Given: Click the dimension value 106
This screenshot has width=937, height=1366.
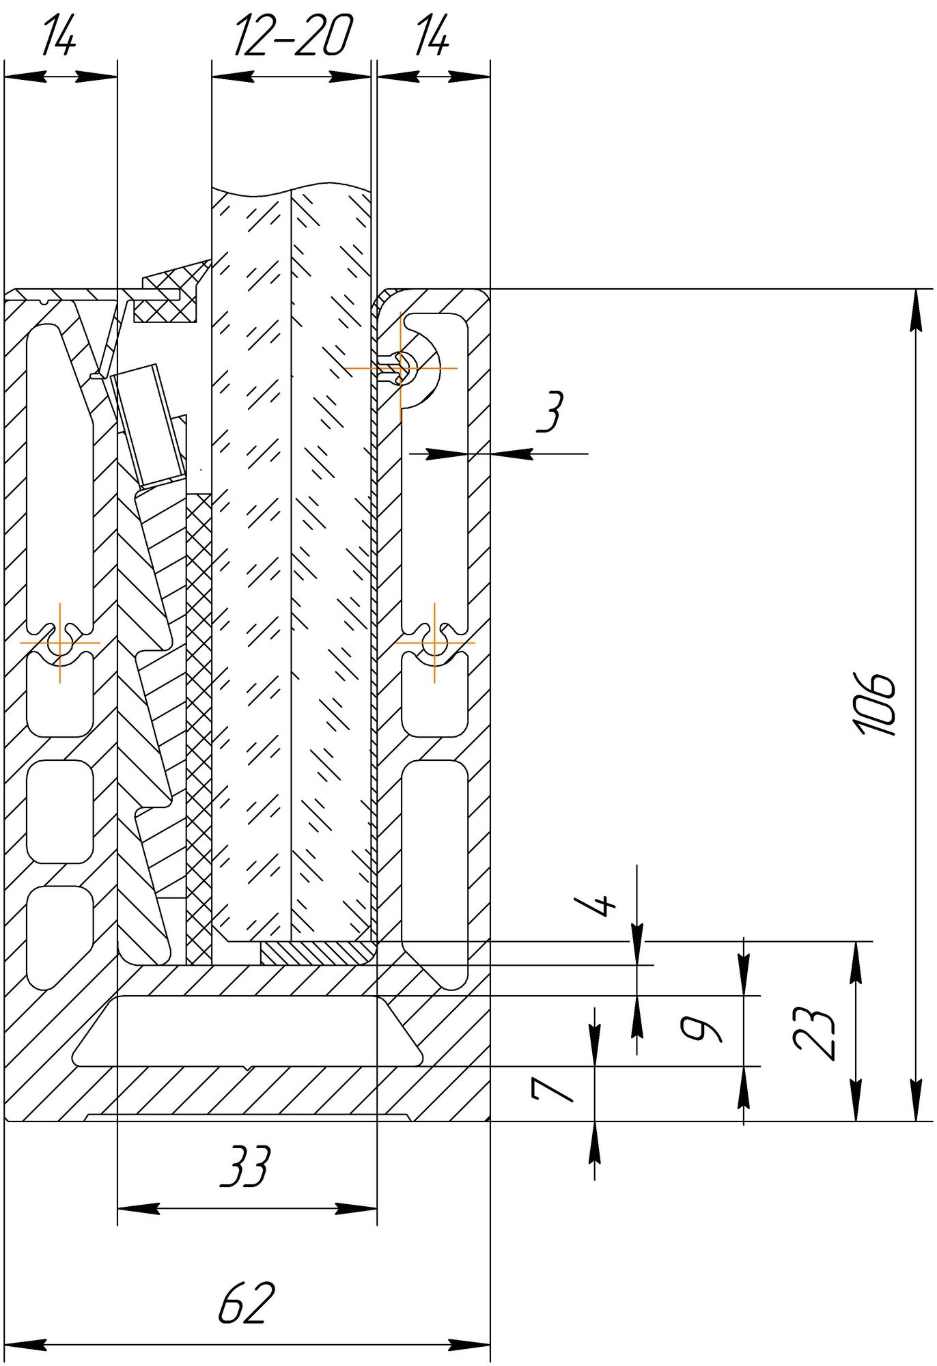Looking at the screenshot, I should click(x=875, y=704).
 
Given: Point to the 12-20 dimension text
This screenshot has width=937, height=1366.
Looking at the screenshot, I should click(x=292, y=37).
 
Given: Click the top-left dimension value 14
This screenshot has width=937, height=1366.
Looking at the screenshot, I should click(x=59, y=37).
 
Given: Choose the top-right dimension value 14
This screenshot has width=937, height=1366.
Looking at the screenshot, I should click(x=432, y=37).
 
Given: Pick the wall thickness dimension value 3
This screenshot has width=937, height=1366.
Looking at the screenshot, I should click(x=550, y=412).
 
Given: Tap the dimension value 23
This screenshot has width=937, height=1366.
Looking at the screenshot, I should click(x=815, y=1033).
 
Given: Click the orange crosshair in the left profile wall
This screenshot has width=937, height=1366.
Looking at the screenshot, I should click(x=60, y=643).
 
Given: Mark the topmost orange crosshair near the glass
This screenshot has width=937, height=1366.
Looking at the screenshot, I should click(x=401, y=368).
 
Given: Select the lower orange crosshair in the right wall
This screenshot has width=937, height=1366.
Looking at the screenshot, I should click(x=434, y=643).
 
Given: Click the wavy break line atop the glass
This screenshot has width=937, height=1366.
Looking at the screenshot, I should click(x=292, y=188).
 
